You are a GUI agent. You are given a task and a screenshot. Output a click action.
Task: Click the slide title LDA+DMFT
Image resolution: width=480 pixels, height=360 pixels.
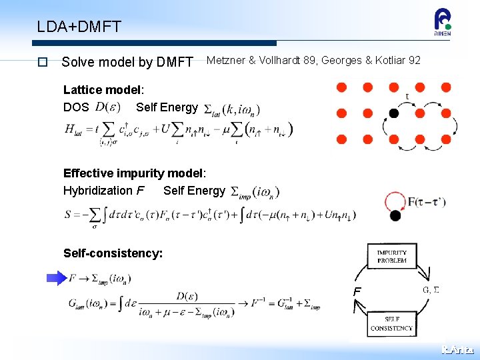tap(79, 27)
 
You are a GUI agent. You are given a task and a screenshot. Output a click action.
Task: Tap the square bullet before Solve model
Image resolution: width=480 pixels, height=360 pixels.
tap(42, 62)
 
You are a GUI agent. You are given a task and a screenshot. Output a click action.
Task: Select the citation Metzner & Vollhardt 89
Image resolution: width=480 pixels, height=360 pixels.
tap(261, 61)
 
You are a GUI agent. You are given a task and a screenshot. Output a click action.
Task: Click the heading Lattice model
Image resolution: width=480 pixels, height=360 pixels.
tap(103, 90)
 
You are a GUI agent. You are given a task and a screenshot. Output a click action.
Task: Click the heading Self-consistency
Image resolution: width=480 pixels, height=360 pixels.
tap(113, 253)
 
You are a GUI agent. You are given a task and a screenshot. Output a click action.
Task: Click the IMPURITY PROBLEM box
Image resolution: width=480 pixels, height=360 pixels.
tap(391, 257)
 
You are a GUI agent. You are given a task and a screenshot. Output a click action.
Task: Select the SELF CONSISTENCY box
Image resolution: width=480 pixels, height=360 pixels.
tap(391, 323)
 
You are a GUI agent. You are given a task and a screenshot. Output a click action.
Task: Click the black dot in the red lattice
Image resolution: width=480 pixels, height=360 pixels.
tap(393, 113)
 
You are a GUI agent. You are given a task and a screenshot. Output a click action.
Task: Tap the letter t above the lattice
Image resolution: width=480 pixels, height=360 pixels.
tap(407, 96)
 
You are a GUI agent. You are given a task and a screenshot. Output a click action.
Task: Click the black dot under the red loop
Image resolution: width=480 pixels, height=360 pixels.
tap(395, 215)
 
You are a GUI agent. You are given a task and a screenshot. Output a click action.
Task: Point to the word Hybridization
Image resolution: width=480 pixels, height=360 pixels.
tap(95, 191)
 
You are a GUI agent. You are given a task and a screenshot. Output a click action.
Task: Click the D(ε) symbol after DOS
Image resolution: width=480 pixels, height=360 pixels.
tap(107, 107)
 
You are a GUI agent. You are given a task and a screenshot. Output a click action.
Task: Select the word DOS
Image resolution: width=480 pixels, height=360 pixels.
tap(76, 107)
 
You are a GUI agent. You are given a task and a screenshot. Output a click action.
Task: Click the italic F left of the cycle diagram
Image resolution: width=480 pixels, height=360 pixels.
tap(357, 291)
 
